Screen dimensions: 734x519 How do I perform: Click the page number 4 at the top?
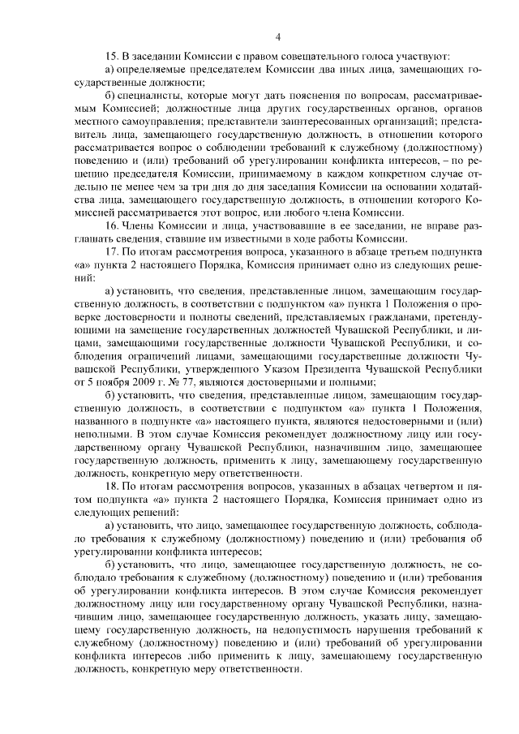tap(277, 36)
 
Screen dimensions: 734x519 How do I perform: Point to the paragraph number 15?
tap(112, 56)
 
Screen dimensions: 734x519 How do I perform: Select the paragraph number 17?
tap(112, 251)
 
